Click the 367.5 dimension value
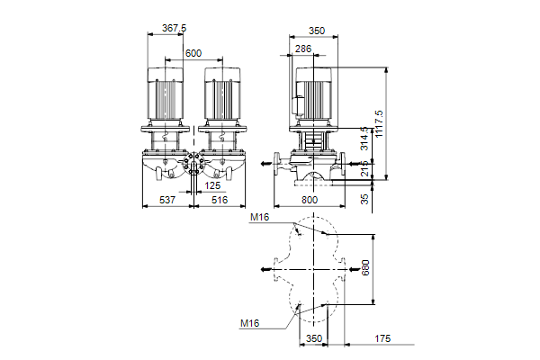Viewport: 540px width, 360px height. [x=174, y=28]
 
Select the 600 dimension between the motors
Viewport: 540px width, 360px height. [x=193, y=53]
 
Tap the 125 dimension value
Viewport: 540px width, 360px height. [x=212, y=186]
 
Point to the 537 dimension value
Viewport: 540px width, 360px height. [x=167, y=200]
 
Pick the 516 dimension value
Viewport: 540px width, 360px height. [x=220, y=200]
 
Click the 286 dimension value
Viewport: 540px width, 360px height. [x=303, y=49]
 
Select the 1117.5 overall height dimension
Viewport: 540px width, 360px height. [x=379, y=123]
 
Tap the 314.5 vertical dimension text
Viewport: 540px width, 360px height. [x=364, y=139]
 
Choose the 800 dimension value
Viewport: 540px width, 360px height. [x=310, y=200]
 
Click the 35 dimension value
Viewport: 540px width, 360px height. [x=364, y=199]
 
